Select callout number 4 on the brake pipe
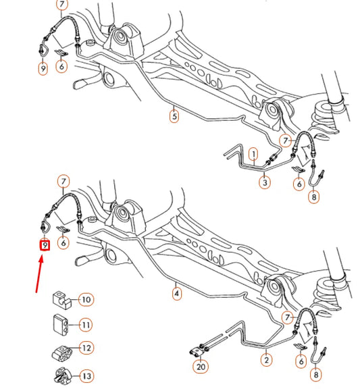pyautogui.click(x=177, y=294)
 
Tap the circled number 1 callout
pyautogui.click(x=254, y=154)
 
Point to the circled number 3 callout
pyautogui.click(x=265, y=182)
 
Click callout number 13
pyautogui.click(x=86, y=375)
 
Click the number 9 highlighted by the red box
pyautogui.click(x=45, y=246)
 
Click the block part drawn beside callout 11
pyautogui.click(x=61, y=323)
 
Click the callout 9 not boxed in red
pyautogui.click(x=43, y=68)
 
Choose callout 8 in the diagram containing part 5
pyautogui.click(x=314, y=198)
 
